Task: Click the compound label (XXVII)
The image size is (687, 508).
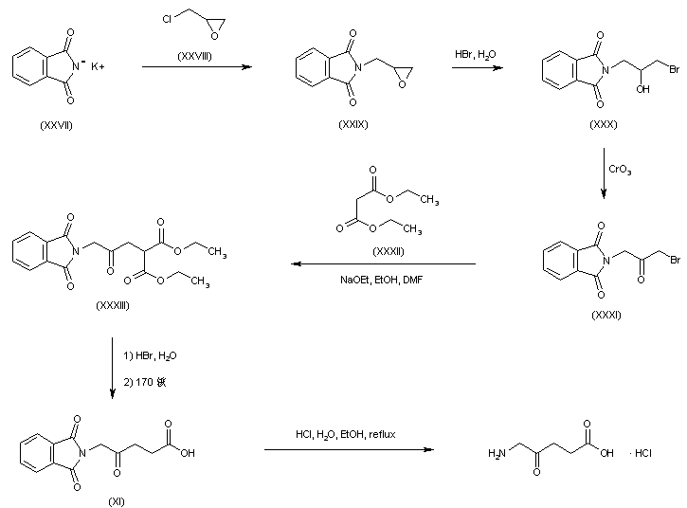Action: pyautogui.click(x=56, y=124)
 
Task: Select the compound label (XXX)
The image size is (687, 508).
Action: pyautogui.click(x=604, y=124)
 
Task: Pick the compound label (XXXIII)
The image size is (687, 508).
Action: pyautogui.click(x=116, y=306)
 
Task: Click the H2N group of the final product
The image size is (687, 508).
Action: pyautogui.click(x=496, y=454)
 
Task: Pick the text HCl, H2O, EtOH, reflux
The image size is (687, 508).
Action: pyautogui.click(x=345, y=434)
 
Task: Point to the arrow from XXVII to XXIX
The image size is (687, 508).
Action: pyautogui.click(x=197, y=67)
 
